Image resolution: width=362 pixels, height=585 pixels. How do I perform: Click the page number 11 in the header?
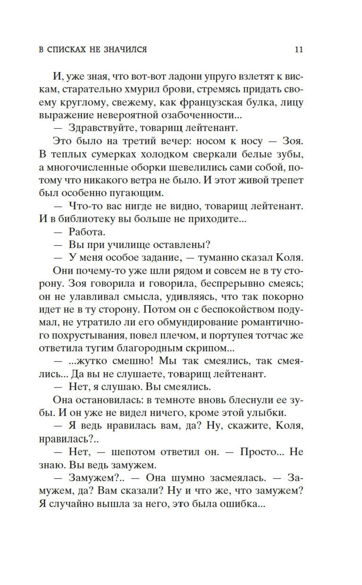(299, 50)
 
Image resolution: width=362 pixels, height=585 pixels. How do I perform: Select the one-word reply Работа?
(87, 232)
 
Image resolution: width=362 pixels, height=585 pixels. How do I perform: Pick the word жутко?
(92, 361)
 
